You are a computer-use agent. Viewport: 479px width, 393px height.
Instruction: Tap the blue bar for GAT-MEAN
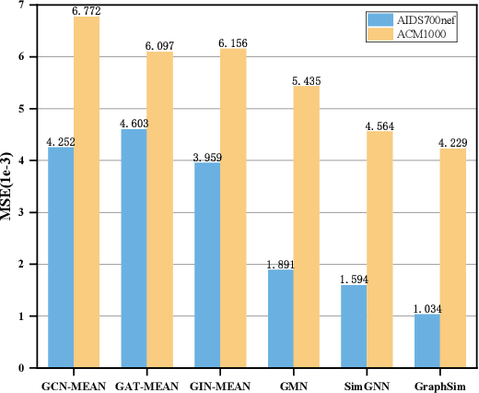[x=134, y=248]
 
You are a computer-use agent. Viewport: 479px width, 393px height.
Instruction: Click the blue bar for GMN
[x=280, y=318]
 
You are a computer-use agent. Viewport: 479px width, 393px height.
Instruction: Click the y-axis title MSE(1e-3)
[x=12, y=190]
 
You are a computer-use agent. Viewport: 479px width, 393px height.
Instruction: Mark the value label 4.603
[x=134, y=123]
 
